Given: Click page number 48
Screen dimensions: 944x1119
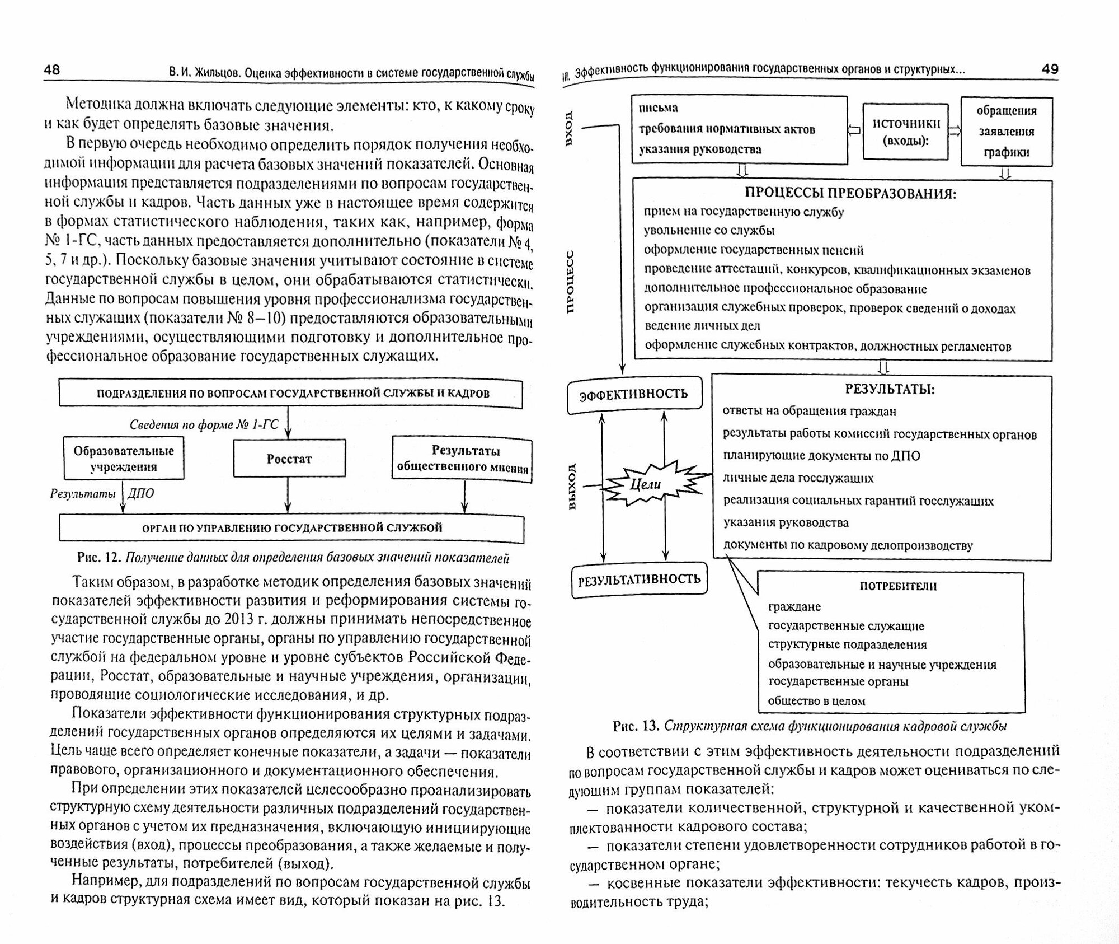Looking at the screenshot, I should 51,69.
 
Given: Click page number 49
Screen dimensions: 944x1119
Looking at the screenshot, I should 1050,69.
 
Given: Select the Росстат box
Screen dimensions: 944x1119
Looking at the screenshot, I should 289,459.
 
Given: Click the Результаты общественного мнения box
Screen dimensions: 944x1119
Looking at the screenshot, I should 462,459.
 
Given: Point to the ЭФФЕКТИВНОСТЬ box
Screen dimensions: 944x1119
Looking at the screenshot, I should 634,394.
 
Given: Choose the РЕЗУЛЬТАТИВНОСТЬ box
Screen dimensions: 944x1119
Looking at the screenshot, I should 639,580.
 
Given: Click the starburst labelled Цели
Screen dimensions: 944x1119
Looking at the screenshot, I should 646,485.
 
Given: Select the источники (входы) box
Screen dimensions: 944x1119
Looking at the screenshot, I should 905,132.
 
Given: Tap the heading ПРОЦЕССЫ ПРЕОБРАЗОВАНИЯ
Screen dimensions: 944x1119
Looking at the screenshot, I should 843,193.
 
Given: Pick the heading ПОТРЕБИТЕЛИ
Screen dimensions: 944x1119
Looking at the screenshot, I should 898,586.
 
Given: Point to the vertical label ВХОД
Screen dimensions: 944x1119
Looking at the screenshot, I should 570,128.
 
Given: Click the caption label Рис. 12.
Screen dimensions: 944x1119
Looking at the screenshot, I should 98,558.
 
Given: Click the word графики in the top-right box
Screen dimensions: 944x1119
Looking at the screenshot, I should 1007,152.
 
